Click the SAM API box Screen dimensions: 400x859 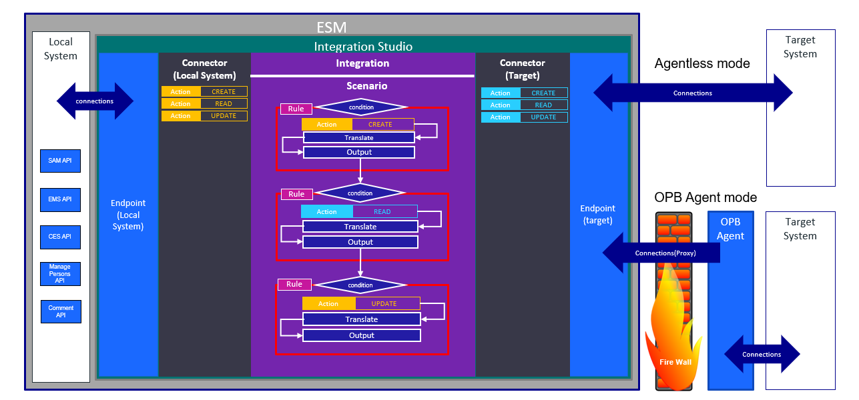click(60, 161)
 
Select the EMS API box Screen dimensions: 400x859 click(60, 199)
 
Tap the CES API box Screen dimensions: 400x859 click(60, 237)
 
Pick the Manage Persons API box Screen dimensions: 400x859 click(60, 274)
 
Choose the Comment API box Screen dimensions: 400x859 click(61, 311)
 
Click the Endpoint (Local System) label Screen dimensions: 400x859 click(127, 215)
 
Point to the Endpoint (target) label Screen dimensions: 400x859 click(598, 215)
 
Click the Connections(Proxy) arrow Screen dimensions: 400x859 click(661, 253)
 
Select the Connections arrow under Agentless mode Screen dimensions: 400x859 click(693, 93)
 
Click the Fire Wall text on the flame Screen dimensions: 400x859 click(675, 362)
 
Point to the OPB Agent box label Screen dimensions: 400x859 click(730, 229)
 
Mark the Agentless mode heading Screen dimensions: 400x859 click(702, 64)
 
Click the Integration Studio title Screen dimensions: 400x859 click(363, 47)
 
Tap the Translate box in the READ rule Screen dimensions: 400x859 click(360, 227)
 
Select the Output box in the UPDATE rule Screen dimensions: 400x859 click(362, 335)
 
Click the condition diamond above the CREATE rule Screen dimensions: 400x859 click(361, 107)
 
